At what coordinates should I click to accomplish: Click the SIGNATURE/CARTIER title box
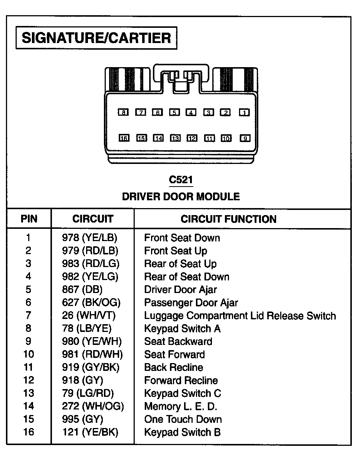96,37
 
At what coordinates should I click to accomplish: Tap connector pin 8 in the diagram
123,112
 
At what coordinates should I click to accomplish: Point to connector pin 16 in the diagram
124,138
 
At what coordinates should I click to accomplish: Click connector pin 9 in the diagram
245,138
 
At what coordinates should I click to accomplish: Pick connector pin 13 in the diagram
175,138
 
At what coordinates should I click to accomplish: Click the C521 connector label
181,180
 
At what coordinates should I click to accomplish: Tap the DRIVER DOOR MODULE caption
181,196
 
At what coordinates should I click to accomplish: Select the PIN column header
29,219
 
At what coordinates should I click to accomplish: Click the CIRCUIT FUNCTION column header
229,219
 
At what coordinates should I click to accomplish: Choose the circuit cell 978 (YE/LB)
92,238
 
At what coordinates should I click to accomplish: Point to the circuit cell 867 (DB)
82,290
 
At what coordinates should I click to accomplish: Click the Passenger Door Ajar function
191,303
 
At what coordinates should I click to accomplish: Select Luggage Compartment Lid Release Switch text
240,316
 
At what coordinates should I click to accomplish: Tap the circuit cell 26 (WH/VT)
89,316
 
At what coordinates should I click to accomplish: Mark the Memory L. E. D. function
180,406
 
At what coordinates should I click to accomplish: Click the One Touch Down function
183,419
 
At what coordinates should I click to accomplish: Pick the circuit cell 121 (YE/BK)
91,432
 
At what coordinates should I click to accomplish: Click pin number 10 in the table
29,355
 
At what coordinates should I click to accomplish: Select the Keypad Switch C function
182,394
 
